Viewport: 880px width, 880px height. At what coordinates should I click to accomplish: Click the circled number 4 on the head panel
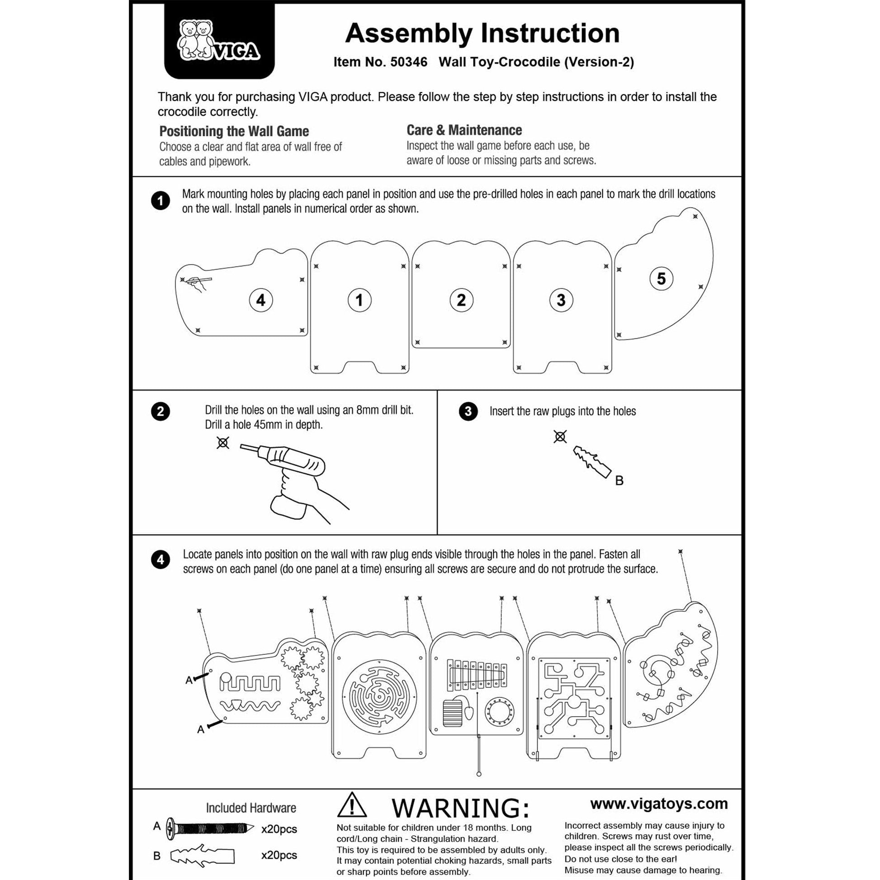click(x=260, y=300)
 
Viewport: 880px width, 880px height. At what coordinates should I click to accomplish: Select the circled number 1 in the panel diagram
click(x=360, y=300)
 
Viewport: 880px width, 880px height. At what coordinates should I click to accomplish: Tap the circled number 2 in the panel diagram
click(x=461, y=300)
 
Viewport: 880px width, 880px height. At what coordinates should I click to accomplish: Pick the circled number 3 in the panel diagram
click(x=561, y=300)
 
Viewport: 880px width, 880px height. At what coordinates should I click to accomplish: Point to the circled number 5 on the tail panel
click(x=661, y=278)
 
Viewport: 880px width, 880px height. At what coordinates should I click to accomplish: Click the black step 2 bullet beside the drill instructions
click(x=161, y=412)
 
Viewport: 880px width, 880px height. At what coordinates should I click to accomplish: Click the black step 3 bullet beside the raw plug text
click(x=468, y=412)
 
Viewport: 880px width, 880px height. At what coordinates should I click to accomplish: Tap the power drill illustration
click(x=292, y=474)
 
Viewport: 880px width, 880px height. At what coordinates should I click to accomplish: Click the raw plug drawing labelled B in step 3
click(x=591, y=461)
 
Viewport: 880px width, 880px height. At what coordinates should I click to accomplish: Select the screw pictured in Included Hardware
click(x=209, y=828)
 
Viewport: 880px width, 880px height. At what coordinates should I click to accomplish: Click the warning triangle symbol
click(x=352, y=806)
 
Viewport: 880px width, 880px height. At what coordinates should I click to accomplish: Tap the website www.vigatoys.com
click(x=658, y=804)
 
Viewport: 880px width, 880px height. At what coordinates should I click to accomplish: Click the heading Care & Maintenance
click(x=464, y=130)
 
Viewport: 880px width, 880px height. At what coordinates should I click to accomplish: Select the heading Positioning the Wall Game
click(x=234, y=132)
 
